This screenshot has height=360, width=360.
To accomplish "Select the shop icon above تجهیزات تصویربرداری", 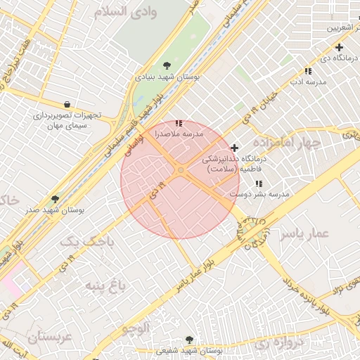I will [67, 103].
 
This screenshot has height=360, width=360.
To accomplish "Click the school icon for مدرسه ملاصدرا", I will [179, 124].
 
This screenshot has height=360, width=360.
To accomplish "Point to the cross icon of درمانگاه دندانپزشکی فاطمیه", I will [234, 148].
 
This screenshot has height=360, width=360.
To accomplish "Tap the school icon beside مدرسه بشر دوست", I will [259, 184].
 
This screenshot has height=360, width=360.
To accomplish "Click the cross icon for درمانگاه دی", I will [339, 47].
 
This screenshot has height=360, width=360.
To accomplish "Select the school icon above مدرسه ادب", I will [308, 71].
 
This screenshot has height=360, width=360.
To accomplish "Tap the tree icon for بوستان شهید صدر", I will [55, 200].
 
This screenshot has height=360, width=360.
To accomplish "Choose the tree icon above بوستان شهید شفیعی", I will [188, 339].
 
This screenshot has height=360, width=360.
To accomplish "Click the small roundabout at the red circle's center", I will [181, 171].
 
